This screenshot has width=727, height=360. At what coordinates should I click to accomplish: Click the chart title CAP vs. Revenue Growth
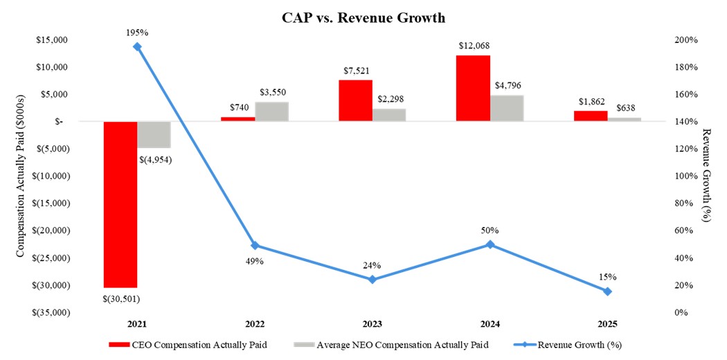pos(363,17)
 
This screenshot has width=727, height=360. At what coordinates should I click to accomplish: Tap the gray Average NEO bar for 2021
pos(154,134)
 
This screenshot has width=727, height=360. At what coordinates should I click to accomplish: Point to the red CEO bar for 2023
pos(355,100)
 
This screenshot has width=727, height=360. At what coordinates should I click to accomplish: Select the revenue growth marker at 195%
pos(137,47)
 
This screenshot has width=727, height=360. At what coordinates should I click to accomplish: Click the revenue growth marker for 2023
pos(372,280)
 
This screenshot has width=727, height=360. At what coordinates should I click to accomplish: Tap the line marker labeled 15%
pos(607,291)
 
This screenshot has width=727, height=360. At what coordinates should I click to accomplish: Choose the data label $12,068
pos(474,46)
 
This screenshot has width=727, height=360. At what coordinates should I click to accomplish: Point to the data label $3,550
pos(272,92)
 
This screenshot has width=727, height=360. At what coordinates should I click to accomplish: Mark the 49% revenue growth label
pos(254,260)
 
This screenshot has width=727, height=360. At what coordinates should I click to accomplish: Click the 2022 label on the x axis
pos(255,324)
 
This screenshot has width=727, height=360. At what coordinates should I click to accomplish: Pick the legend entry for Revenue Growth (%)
pos(575,344)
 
